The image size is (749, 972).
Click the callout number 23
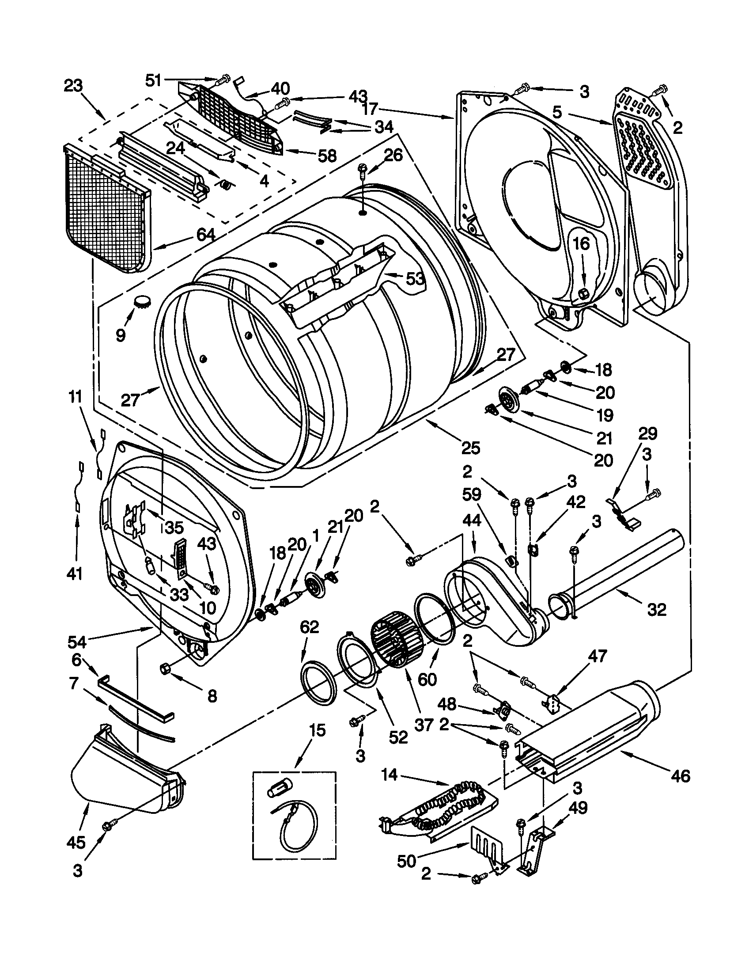point(73,85)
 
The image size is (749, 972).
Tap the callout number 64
point(205,235)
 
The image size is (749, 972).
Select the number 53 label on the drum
point(414,279)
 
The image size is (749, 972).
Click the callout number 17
point(371,108)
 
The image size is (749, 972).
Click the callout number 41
point(75,573)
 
